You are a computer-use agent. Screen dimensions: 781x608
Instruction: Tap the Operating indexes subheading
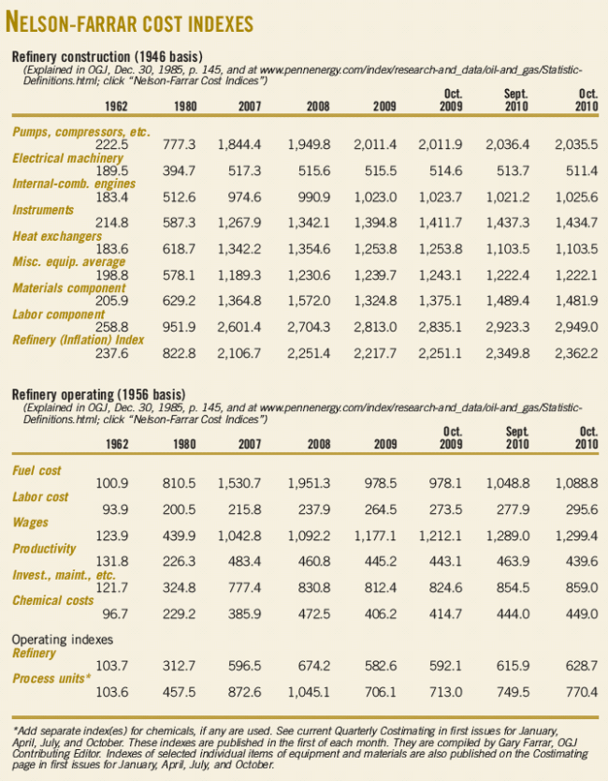pos(65,640)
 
